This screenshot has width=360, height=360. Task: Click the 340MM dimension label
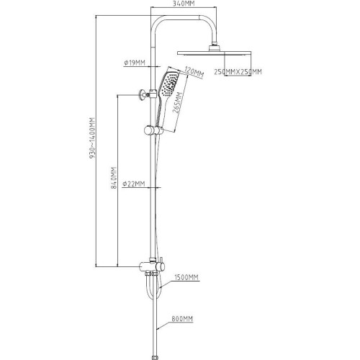(x=184, y=4)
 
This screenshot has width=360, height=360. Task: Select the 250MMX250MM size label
(x=238, y=71)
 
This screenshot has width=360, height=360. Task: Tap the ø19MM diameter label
(x=135, y=63)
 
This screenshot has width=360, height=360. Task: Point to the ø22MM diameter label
(x=134, y=184)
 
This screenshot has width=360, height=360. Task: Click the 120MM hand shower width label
(x=194, y=72)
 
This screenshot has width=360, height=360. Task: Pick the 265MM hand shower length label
(x=178, y=102)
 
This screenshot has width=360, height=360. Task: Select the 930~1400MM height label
(x=92, y=138)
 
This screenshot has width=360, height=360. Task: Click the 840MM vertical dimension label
(x=114, y=178)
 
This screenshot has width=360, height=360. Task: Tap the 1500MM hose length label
(x=186, y=277)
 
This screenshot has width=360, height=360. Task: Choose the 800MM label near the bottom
(x=182, y=319)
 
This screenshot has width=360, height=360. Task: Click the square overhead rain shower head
(x=214, y=53)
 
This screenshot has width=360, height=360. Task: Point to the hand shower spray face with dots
(x=170, y=84)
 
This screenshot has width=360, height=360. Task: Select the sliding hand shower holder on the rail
(x=153, y=131)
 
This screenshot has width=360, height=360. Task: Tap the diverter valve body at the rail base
(x=152, y=266)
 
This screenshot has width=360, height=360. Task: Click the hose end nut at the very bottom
(x=156, y=358)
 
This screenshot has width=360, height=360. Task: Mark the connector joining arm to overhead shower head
(x=214, y=47)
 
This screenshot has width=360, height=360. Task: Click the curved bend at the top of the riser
(x=158, y=23)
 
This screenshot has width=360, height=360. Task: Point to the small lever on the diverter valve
(x=162, y=261)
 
